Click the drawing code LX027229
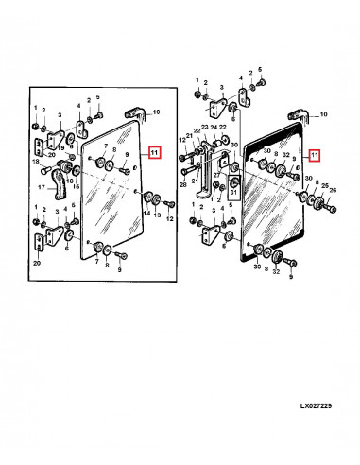(316, 405)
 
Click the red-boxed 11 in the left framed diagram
(155, 152)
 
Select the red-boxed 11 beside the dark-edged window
(315, 155)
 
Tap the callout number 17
(42, 188)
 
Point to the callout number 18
(37, 162)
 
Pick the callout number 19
(60, 148)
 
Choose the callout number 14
(146, 214)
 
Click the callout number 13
(157, 215)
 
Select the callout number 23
(205, 128)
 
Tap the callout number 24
(214, 128)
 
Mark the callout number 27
(217, 175)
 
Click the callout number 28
(183, 185)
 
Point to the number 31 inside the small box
(233, 192)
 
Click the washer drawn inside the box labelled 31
(234, 182)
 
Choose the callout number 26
(333, 190)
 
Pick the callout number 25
(325, 186)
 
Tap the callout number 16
(70, 181)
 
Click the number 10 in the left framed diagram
(156, 112)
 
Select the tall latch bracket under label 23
(205, 170)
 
